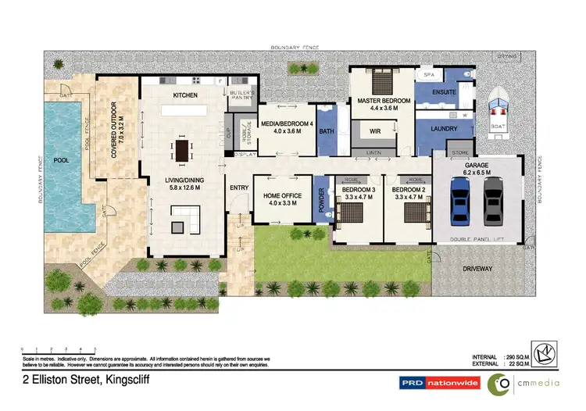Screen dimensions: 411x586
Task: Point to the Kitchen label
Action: pyautogui.click(x=184, y=95)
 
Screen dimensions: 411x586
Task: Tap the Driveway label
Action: pyautogui.click(x=477, y=269)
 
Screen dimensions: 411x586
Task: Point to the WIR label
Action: pyautogui.click(x=375, y=131)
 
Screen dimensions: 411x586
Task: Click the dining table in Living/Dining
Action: pyautogui.click(x=183, y=149)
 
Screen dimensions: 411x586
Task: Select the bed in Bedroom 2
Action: pyautogui.click(x=413, y=219)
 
